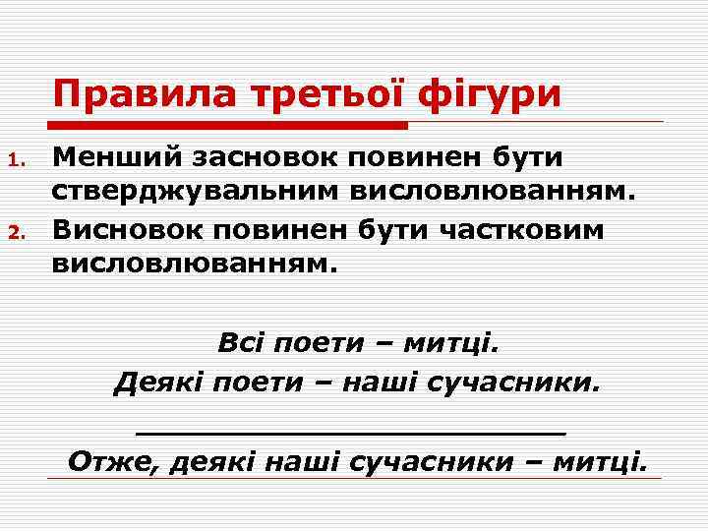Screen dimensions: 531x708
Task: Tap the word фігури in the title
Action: [490, 96]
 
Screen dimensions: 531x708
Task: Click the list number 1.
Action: [15, 159]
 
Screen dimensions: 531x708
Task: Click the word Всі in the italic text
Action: [242, 345]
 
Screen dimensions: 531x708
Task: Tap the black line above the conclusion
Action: [351, 431]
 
